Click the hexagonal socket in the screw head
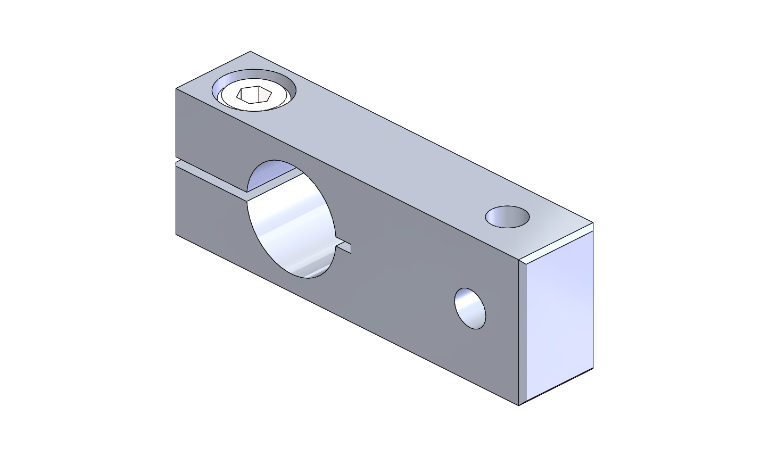(254, 95)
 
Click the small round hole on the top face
(507, 217)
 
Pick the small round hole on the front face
(470, 309)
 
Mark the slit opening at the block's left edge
(177, 160)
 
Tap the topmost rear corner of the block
(250, 52)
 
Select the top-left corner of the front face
(176, 89)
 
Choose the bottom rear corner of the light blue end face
(593, 368)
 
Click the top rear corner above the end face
(593, 222)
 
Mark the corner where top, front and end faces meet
(519, 260)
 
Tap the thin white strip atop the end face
(559, 245)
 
